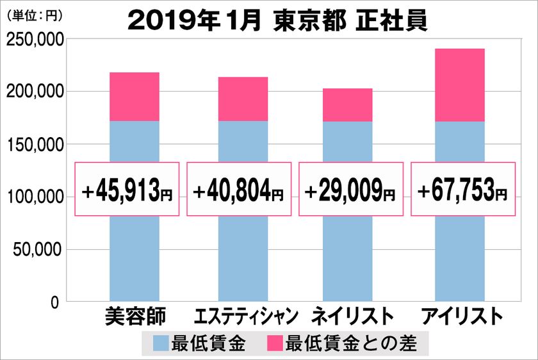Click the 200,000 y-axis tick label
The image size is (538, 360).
click(35, 92)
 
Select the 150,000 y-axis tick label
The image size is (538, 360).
click(35, 145)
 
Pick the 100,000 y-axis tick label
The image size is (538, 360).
click(35, 197)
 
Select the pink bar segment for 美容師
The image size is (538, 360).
click(134, 97)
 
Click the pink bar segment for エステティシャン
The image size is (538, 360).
click(243, 99)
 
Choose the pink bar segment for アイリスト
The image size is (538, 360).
click(459, 85)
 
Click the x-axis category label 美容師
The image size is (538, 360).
click(134, 317)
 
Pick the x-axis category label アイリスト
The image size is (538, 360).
click(459, 317)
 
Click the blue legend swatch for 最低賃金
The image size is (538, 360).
click(161, 344)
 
